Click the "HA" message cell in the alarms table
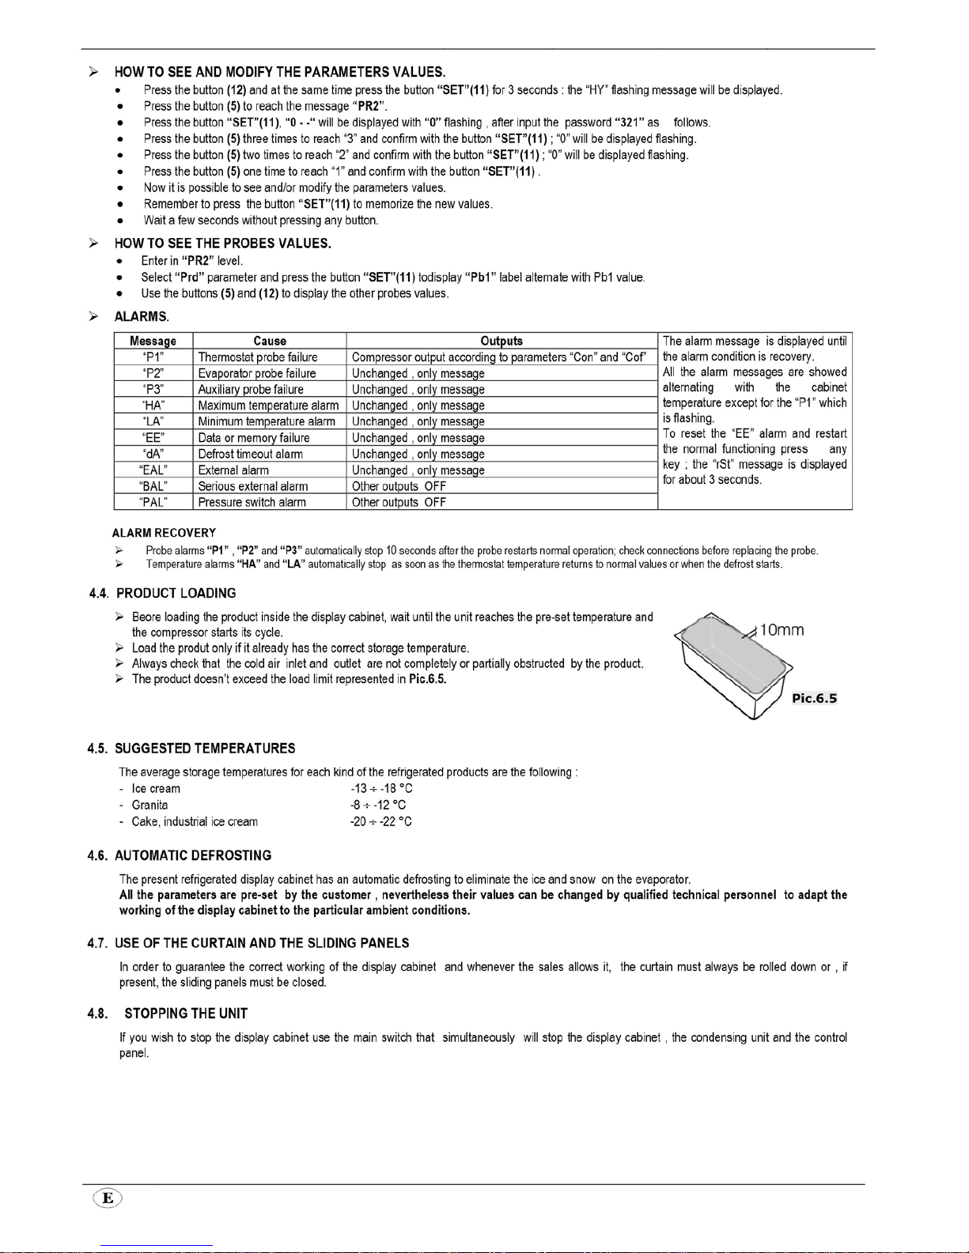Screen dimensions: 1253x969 [x=153, y=406]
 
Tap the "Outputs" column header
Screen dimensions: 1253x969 [x=502, y=341]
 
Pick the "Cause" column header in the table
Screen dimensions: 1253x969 [x=270, y=341]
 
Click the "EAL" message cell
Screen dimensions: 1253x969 [x=153, y=470]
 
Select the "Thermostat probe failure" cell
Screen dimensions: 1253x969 [x=257, y=357]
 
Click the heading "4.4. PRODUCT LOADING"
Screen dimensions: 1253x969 [x=162, y=593]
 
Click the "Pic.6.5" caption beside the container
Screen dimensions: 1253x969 [x=814, y=698]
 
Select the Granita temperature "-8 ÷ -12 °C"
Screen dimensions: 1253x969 [x=378, y=805]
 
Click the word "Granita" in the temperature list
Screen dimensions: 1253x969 [x=150, y=805]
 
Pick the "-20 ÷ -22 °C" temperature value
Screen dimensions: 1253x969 [x=380, y=821]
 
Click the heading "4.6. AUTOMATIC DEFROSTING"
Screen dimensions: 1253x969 [x=180, y=855]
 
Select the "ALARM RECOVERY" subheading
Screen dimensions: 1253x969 [x=164, y=533]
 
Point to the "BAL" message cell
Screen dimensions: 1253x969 [x=153, y=486]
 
